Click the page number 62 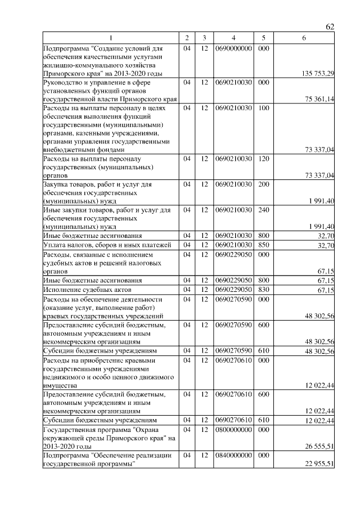pos(330,27)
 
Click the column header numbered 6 pos(304,38)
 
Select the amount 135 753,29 pos(318,74)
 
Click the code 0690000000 pos(233,49)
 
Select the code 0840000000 pos(233,455)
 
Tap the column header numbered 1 pos(111,38)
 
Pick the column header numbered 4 pos(233,38)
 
